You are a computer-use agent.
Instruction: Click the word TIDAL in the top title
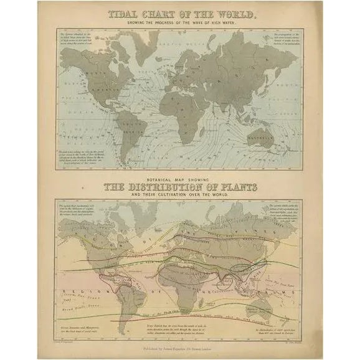coord(125,14)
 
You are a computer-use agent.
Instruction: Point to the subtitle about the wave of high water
coord(180,22)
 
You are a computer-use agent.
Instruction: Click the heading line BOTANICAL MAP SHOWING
coord(180,178)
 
